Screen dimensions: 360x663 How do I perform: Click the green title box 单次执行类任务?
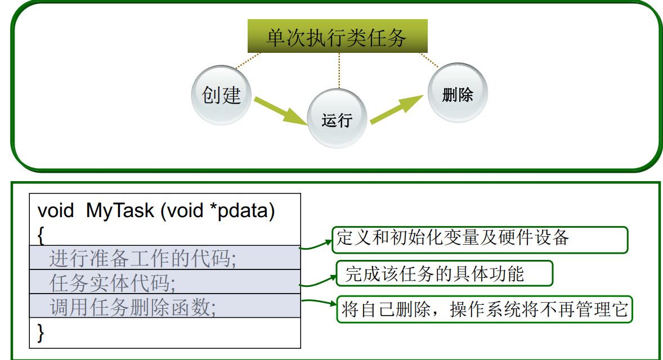[x=337, y=37]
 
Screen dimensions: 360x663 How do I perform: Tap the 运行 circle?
[x=337, y=119]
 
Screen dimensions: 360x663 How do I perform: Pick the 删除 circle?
[x=457, y=93]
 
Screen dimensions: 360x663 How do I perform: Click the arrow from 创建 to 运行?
[x=280, y=111]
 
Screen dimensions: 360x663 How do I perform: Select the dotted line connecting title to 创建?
[x=248, y=61]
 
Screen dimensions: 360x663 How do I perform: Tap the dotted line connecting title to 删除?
[x=429, y=60]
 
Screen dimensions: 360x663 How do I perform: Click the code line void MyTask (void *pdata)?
[x=156, y=211]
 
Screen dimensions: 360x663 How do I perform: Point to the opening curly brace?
[x=41, y=235]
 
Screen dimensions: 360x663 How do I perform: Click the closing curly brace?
[x=41, y=332]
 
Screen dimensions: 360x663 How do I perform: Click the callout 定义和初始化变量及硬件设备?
[x=480, y=239]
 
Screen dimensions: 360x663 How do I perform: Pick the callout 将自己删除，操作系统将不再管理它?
[x=485, y=309]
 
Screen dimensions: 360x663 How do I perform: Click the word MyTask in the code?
[x=120, y=211]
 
